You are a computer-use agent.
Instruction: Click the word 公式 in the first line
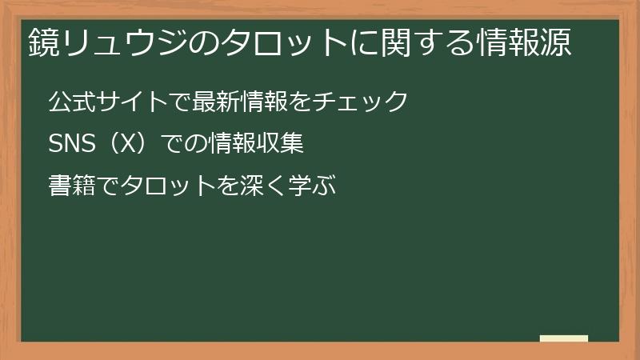pyautogui.click(x=70, y=102)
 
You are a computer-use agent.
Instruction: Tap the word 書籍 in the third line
pyautogui.click(x=70, y=187)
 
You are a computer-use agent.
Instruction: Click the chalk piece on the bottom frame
pyautogui.click(x=564, y=338)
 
